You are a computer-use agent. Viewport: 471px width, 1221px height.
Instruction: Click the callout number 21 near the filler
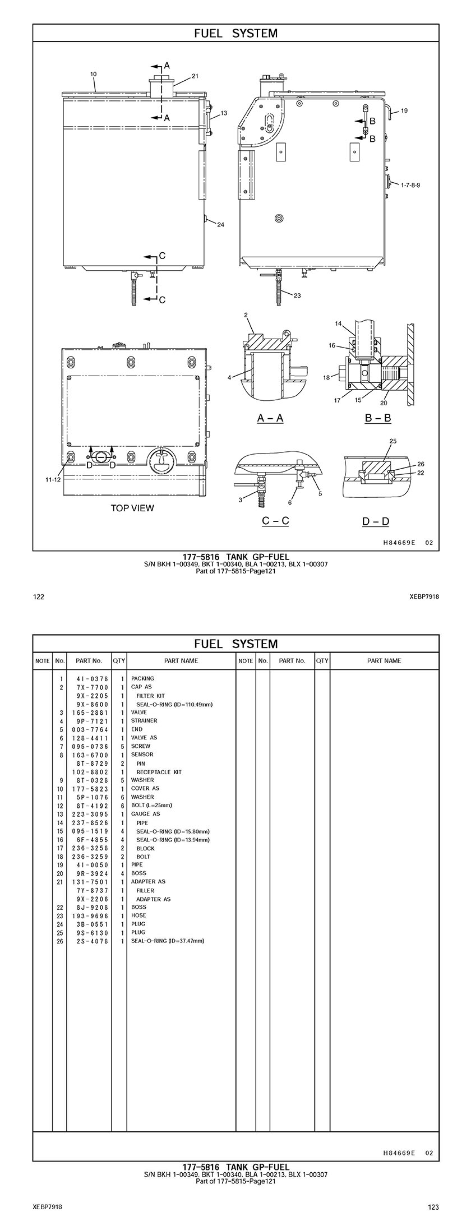(195, 76)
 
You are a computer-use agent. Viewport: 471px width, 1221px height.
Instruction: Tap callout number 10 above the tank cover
(93, 74)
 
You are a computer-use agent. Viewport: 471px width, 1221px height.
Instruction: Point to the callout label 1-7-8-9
(410, 184)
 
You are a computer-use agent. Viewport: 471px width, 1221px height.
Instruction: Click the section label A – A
(270, 418)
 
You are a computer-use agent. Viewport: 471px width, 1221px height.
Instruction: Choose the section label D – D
(376, 521)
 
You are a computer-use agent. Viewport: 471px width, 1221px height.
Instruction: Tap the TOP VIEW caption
(132, 508)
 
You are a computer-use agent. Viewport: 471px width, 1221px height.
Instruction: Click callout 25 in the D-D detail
(392, 441)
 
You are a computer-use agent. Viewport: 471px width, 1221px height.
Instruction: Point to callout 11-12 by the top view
(53, 479)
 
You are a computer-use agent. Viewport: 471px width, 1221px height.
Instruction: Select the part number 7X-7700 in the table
(93, 687)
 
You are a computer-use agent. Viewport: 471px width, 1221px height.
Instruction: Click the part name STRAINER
(144, 720)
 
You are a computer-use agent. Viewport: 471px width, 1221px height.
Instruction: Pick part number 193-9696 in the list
(93, 915)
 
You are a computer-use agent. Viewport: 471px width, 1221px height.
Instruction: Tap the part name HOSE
(138, 915)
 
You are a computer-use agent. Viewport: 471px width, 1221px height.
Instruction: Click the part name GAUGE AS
(145, 813)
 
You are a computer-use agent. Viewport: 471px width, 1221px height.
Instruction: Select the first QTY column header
(119, 660)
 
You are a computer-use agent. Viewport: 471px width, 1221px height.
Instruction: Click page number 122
(39, 596)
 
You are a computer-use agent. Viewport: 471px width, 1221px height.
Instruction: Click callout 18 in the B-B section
(326, 378)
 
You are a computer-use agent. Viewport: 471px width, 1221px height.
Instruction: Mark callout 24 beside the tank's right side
(220, 225)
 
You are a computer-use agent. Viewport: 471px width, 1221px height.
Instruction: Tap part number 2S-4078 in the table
(93, 941)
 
